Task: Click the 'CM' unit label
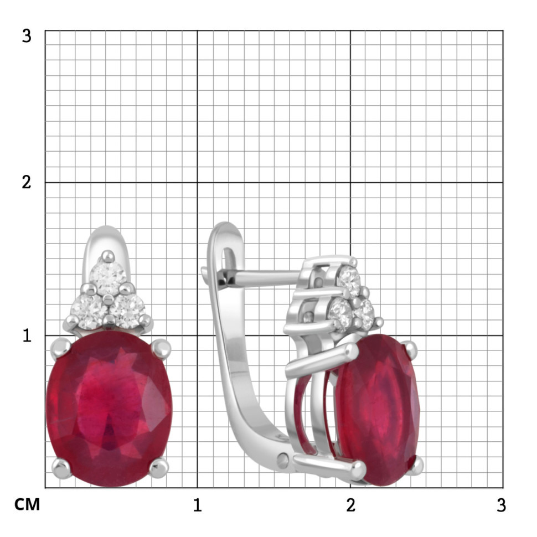pos(27,504)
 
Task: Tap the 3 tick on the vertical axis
pos(27,36)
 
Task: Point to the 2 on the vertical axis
pos(27,182)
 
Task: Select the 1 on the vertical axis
pos(27,335)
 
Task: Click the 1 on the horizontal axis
pos(197,505)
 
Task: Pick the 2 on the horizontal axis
pos(350,505)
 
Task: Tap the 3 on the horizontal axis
pos(502,505)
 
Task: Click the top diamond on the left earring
pos(108,277)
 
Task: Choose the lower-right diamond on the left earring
pos(127,311)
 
